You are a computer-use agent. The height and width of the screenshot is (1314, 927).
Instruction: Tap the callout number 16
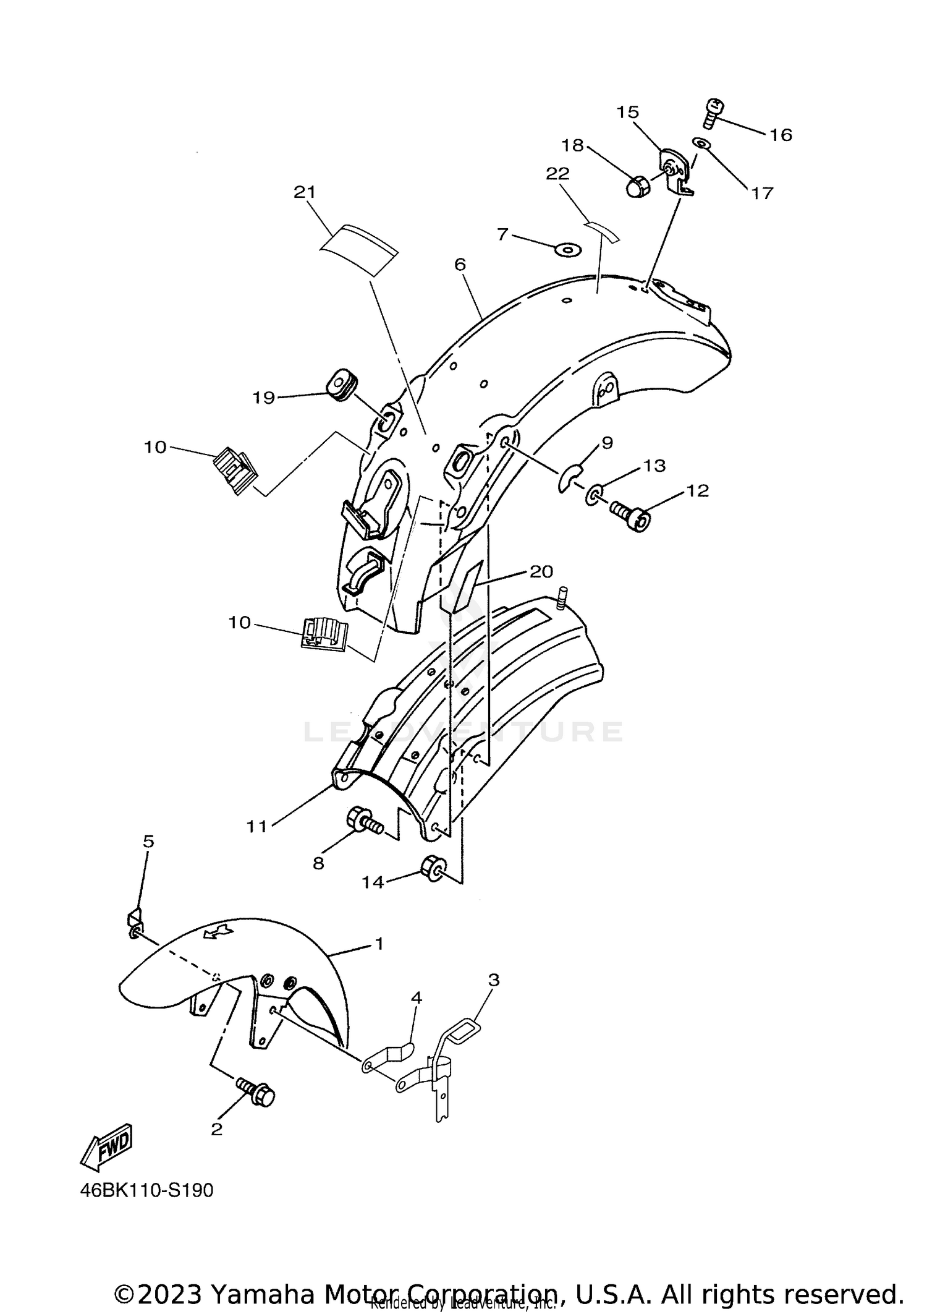coord(781,135)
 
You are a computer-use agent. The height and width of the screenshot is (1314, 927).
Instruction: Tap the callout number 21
coord(305,192)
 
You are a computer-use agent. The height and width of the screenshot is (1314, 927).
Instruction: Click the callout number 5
coord(148,842)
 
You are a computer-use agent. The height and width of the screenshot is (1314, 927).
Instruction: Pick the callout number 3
coord(493,980)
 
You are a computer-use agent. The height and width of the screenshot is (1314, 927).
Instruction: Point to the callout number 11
coord(256,826)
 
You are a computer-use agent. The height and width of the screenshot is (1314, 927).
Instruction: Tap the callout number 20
coord(541,571)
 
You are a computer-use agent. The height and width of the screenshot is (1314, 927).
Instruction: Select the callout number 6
coord(460,265)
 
